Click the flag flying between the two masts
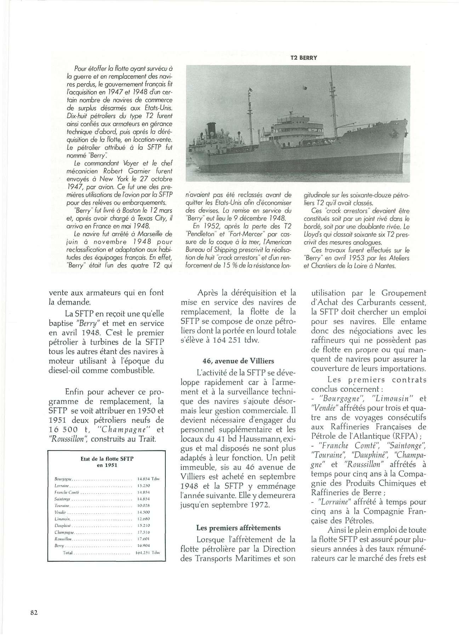pyautogui.click(x=304, y=86)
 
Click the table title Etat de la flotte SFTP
pyautogui.click(x=107, y=458)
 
